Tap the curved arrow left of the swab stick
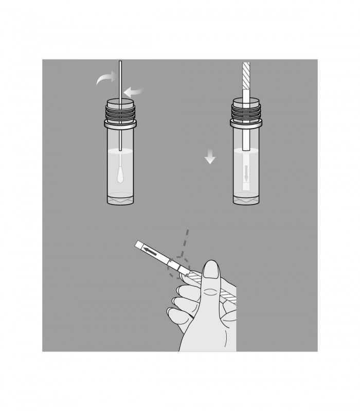106,79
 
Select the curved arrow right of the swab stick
135,92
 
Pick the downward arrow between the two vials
209,156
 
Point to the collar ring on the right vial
246,123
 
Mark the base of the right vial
246,199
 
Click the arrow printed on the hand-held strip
151,251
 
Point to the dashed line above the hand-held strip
186,241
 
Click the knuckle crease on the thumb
210,293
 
